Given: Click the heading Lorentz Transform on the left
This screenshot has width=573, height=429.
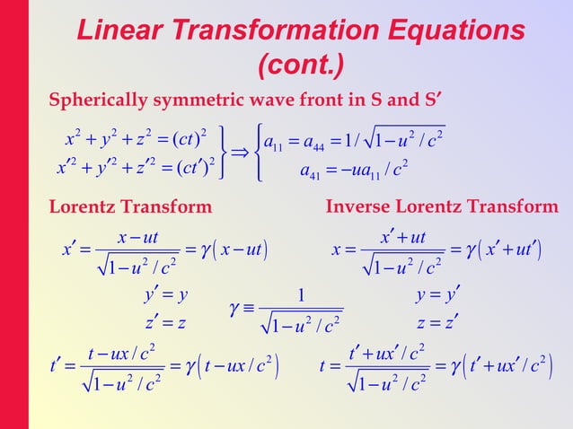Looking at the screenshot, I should pyautogui.click(x=130, y=208).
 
